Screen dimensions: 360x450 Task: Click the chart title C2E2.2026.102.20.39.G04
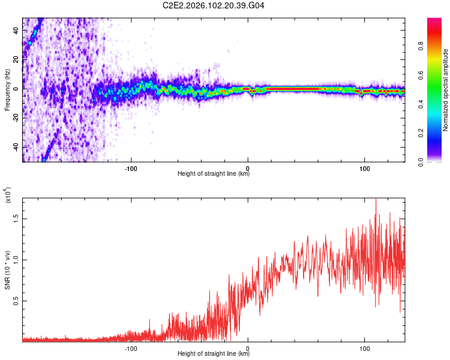coord(214,6)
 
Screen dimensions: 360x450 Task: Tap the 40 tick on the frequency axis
coord(16,30)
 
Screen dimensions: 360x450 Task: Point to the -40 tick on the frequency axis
coord(16,147)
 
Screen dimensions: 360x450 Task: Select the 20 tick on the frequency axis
coord(16,59)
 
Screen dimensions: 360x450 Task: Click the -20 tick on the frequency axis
coord(16,118)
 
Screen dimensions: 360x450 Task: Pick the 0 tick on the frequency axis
coord(16,89)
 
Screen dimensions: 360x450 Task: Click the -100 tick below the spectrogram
coord(131,168)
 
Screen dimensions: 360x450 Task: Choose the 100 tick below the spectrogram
coord(364,168)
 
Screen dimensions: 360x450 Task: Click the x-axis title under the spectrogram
coord(214,174)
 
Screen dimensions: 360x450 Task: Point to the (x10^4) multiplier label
coord(8,196)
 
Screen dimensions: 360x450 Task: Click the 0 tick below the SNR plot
coord(248,347)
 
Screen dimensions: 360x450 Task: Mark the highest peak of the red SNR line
coord(376,199)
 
